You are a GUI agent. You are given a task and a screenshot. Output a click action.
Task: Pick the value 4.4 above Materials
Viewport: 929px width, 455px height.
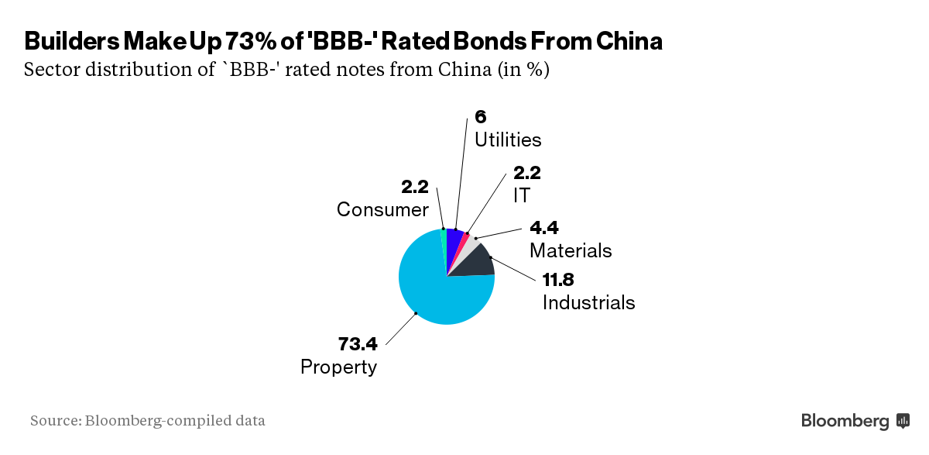[544, 228]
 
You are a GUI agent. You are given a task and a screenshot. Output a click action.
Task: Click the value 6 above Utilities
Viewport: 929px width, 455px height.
[480, 117]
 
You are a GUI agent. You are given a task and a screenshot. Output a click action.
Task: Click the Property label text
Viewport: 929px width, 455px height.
[338, 367]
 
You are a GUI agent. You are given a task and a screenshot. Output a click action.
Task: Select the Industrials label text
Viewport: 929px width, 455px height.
[588, 302]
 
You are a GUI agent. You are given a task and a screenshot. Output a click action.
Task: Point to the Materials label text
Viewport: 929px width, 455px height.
[571, 251]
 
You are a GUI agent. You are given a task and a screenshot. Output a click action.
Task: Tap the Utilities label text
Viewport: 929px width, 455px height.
[508, 140]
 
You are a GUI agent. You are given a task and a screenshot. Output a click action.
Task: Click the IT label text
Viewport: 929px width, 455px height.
[522, 195]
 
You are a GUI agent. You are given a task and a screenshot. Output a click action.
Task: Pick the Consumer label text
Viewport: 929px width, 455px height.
[382, 210]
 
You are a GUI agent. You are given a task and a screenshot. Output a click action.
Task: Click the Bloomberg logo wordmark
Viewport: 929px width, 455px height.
[845, 422]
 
